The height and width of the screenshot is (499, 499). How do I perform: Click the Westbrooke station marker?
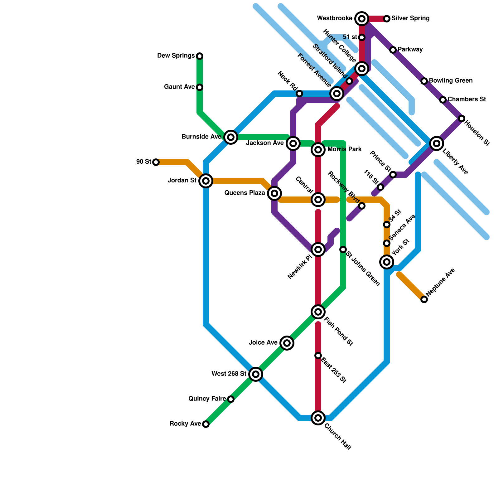pos(361,19)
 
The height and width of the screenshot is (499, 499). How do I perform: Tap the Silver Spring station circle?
pos(387,19)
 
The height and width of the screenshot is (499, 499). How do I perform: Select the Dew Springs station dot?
pos(200,56)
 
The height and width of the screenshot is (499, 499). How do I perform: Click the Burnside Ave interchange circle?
pos(231,137)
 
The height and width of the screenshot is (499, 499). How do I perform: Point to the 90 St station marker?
pos(156,162)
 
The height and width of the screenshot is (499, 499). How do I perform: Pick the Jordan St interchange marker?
pos(206,181)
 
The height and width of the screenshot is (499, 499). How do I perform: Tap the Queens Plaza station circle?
pos(274,193)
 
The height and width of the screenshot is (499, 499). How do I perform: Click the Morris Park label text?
pos(344,149)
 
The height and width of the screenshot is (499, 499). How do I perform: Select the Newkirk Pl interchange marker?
pos(318,249)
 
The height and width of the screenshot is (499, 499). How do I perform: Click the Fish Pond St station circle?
pos(318,312)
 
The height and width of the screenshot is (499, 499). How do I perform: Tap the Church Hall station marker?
pos(318,418)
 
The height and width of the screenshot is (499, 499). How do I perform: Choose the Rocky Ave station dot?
pos(206,424)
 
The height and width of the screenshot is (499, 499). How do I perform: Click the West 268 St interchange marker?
pos(256,374)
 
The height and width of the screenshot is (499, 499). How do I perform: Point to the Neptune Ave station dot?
pos(424,299)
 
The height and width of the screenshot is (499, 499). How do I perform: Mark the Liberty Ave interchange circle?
pos(437,143)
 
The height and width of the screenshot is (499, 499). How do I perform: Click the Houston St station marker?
pos(462,119)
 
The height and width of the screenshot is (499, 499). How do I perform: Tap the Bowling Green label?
pos(451,81)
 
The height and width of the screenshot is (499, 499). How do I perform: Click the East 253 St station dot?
pos(318,356)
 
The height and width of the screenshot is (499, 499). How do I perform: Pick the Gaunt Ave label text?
pos(179,87)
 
